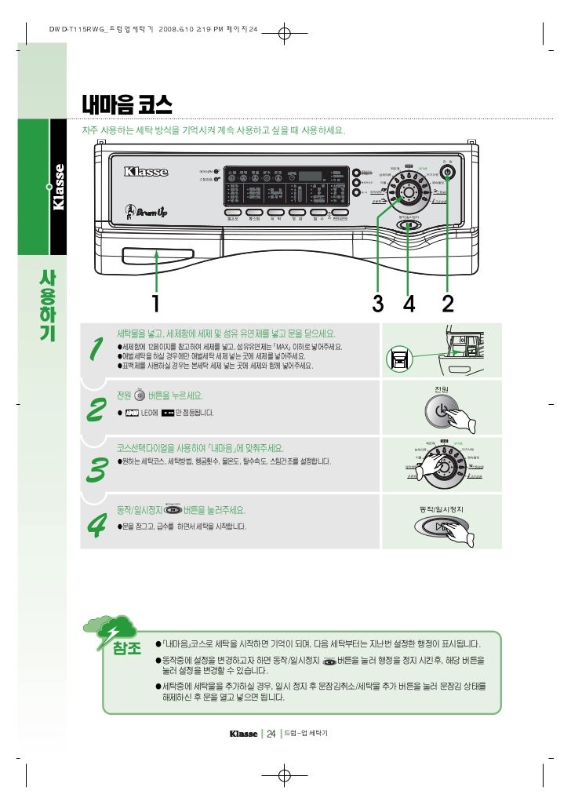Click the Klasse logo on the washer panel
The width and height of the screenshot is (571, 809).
[146, 170]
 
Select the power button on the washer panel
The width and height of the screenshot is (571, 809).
[447, 172]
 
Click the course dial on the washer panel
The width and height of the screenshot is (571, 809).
[407, 194]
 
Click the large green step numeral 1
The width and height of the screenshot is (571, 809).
[96, 350]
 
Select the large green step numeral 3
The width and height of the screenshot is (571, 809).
[96, 470]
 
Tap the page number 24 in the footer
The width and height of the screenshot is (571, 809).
[271, 734]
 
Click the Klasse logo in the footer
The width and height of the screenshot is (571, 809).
[243, 734]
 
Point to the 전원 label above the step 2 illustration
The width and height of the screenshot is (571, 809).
[441, 389]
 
